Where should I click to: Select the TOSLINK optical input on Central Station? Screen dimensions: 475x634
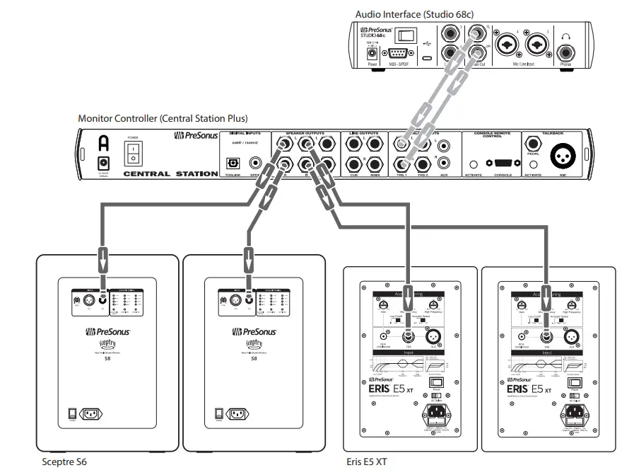[231, 163]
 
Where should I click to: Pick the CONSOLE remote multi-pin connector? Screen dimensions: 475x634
[503, 163]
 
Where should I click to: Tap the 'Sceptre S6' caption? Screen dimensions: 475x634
[68, 462]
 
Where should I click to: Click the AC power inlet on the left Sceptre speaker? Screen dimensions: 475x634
[95, 414]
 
